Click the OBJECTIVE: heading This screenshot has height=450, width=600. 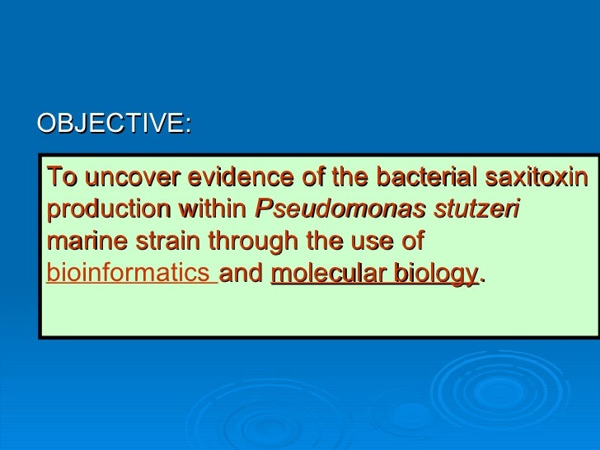click(114, 124)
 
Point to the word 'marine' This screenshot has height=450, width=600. click(82, 241)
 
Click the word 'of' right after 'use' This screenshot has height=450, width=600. click(411, 241)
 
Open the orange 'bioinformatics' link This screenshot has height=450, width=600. click(129, 274)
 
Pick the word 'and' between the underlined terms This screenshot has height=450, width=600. click(242, 274)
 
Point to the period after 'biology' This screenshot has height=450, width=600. click(482, 279)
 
